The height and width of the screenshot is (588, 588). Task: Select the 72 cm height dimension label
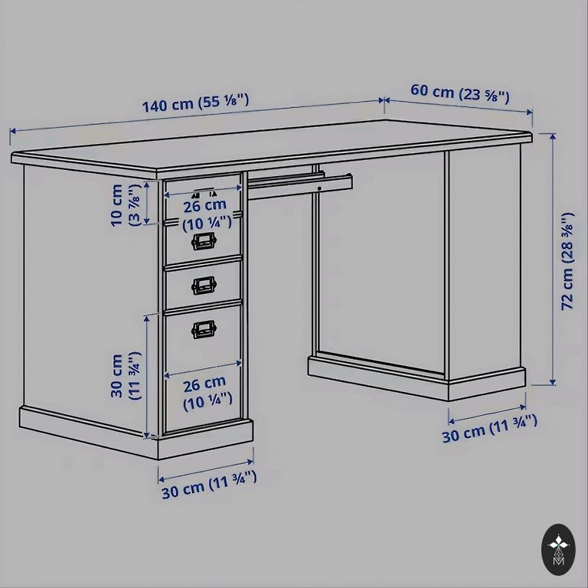pyautogui.click(x=567, y=261)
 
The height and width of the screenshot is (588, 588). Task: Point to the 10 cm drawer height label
pyautogui.click(x=126, y=204)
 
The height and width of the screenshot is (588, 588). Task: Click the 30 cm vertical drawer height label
pyautogui.click(x=126, y=375)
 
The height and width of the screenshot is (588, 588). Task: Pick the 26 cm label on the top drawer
pyautogui.click(x=207, y=215)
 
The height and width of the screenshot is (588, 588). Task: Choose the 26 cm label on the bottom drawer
pyautogui.click(x=207, y=394)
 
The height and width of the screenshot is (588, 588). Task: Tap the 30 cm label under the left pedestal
pyautogui.click(x=209, y=485)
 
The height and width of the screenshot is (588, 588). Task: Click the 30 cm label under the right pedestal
pyautogui.click(x=489, y=429)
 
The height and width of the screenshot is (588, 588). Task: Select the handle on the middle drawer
pyautogui.click(x=204, y=286)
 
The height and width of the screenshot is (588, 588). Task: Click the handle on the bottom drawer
pyautogui.click(x=204, y=329)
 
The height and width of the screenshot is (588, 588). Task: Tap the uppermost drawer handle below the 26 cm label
pyautogui.click(x=204, y=241)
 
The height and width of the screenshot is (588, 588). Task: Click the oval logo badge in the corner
pyautogui.click(x=558, y=550)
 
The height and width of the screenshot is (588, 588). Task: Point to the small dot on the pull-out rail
pyautogui.click(x=319, y=188)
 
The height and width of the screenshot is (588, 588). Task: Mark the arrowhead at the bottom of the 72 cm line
pyautogui.click(x=552, y=382)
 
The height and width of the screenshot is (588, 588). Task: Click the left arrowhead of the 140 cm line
pyautogui.click(x=13, y=131)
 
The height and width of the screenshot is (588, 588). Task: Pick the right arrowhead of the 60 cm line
pyautogui.click(x=530, y=112)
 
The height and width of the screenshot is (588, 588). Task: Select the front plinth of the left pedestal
pyautogui.click(x=205, y=439)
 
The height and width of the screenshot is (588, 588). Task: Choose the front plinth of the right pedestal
pyautogui.click(x=487, y=384)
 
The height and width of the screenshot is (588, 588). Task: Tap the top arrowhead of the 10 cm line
pyautogui.click(x=147, y=185)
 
